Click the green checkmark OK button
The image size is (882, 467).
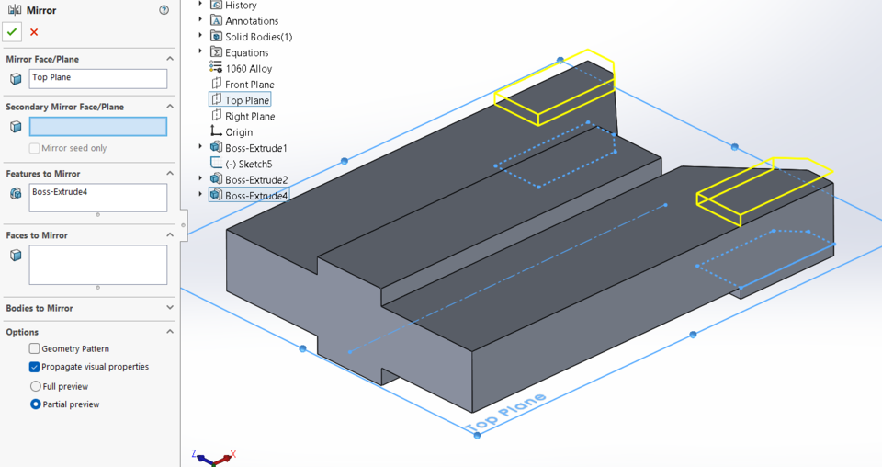pos(12,32)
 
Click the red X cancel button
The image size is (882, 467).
pos(34,32)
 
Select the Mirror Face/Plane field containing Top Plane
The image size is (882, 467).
pos(98,78)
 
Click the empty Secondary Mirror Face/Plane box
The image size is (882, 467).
pos(98,127)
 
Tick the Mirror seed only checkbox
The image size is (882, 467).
pos(35,148)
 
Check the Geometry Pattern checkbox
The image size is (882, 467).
pos(35,348)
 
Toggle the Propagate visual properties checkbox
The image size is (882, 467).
pos(35,367)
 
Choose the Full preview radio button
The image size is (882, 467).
pos(36,386)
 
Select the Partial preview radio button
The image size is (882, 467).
pos(36,404)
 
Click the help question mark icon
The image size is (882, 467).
pos(164,11)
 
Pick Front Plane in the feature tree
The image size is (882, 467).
pos(249,85)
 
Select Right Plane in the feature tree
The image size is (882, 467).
pos(249,117)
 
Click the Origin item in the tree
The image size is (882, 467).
pos(239,132)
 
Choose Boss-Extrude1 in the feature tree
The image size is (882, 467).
pos(255,148)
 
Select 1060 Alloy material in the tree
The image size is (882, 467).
pos(248,69)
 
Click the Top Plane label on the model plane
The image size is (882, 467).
pos(505,413)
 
